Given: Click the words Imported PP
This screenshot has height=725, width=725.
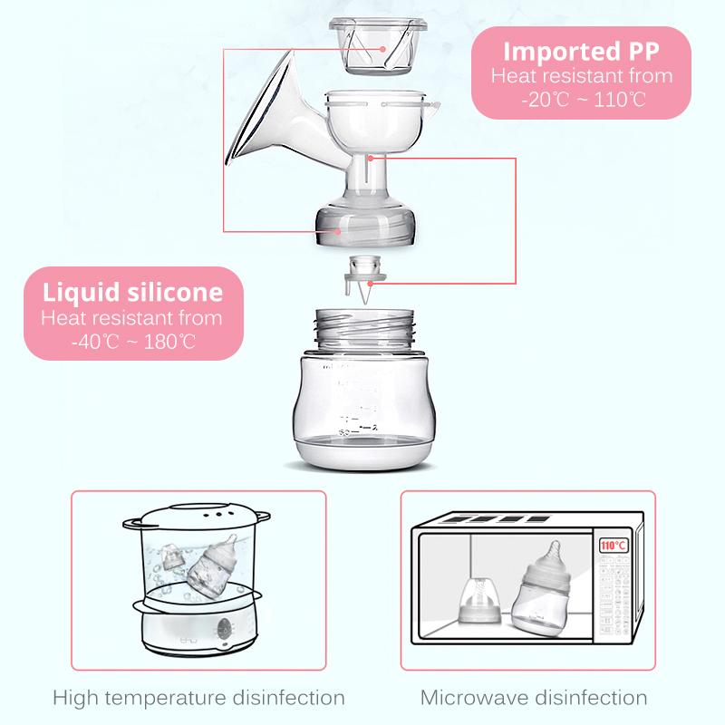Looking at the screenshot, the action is click(x=581, y=52).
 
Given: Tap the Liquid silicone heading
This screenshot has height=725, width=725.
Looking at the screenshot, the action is click(x=132, y=293).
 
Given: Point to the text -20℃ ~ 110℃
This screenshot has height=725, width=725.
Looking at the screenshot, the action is click(x=583, y=100).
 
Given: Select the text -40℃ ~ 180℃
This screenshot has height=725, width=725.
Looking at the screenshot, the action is click(x=133, y=342).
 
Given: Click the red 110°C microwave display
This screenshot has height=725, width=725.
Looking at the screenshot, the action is click(x=614, y=546).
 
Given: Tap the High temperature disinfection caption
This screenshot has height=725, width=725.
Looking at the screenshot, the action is click(x=198, y=698).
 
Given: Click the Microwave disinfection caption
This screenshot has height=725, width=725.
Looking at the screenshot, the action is click(x=534, y=698).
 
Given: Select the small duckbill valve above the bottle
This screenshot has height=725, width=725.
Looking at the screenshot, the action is click(x=365, y=279).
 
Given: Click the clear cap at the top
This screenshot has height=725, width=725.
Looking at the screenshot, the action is click(x=377, y=46).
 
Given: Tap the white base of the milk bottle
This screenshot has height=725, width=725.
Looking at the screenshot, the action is click(x=365, y=455).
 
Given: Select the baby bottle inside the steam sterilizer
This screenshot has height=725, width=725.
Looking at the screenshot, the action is click(x=215, y=567).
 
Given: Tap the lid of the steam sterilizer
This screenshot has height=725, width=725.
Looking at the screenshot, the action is click(x=197, y=517).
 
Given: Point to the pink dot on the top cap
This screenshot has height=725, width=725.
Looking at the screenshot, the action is click(x=382, y=49).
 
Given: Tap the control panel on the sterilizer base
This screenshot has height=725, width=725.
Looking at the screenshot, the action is click(x=225, y=630).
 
